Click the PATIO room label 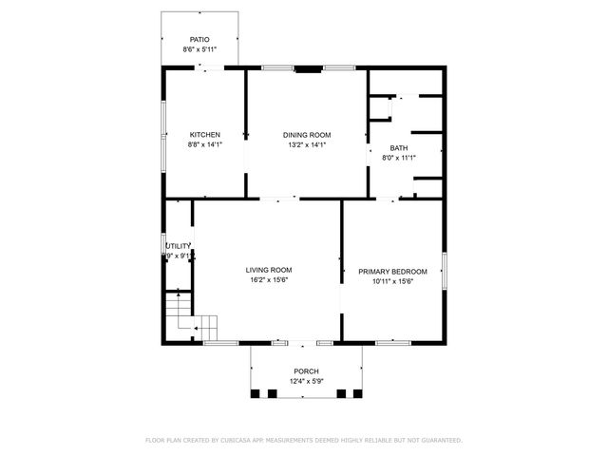(199, 40)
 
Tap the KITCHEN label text (204, 135)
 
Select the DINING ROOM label (306, 135)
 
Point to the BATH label (399, 148)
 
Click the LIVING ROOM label (269, 270)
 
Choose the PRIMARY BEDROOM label (392, 271)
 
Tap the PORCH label (306, 371)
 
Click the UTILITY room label (180, 246)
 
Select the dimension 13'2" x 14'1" (306, 144)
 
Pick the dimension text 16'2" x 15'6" (269, 279)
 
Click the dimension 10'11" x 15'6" (392, 280)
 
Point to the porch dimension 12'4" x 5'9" (306, 381)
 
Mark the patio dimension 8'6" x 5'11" (199, 49)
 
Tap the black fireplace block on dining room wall (308, 68)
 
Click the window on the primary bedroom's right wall (445, 265)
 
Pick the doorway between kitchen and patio (210, 67)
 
